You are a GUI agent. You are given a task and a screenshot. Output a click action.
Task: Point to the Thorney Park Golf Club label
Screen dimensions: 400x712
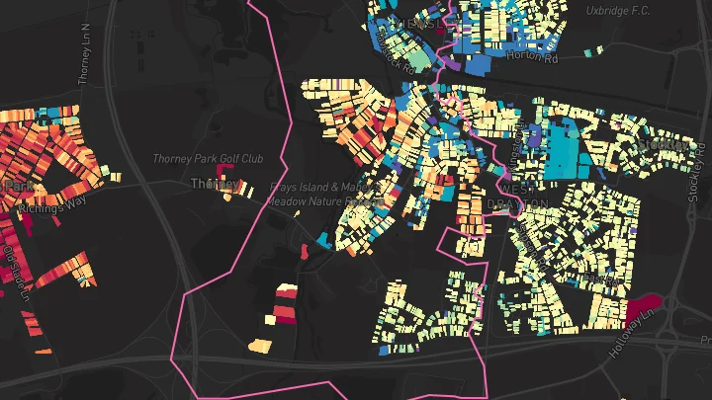209,158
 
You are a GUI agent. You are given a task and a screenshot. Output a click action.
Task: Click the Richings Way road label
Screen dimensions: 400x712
47,208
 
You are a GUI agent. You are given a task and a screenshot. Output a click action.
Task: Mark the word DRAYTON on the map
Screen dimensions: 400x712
518,203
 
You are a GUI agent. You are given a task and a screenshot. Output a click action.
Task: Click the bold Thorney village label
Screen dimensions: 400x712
213,184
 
